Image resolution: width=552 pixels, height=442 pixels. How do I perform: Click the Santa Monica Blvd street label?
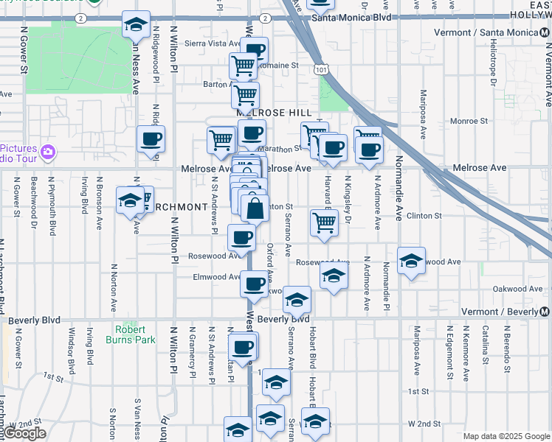point(351,17)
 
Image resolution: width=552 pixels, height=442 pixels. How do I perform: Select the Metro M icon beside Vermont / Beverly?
point(545,312)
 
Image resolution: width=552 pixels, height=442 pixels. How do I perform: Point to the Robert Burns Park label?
point(135,334)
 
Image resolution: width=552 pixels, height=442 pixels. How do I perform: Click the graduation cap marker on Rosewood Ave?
point(412,261)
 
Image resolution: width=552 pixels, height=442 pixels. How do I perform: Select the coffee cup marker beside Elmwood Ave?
point(255,284)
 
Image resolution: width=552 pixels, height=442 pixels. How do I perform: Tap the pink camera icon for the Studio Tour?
point(48,152)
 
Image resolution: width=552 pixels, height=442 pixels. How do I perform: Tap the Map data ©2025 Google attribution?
point(506,436)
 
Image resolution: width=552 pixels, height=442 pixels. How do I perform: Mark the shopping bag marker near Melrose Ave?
point(255,208)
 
